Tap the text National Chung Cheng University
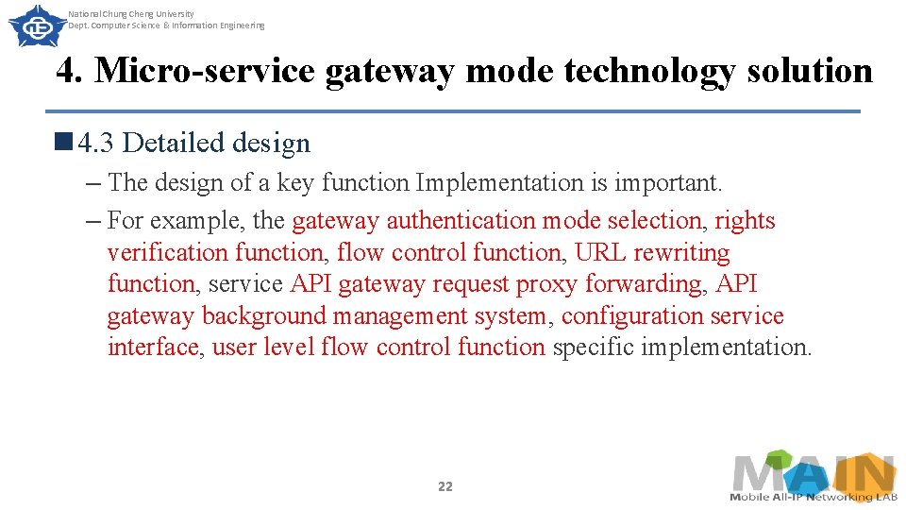click(131, 14)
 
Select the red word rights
click(745, 221)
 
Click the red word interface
click(153, 348)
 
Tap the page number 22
click(445, 486)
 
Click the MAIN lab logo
click(814, 477)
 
